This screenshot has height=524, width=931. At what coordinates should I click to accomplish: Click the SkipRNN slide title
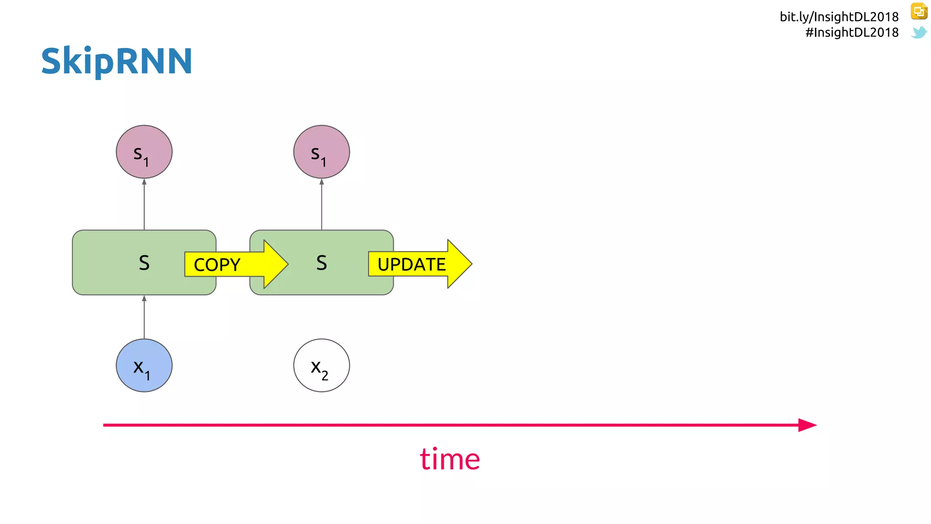pos(117,61)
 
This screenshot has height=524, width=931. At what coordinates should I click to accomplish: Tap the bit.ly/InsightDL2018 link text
pos(839,17)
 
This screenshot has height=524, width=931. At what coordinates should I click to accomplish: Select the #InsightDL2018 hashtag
pos(851,32)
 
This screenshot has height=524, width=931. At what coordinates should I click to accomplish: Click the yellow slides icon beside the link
pos(919,11)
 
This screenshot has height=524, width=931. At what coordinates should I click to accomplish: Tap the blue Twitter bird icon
pos(919,32)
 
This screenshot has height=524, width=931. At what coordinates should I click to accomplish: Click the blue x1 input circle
pos(144,365)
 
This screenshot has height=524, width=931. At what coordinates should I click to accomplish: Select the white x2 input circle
pos(321,365)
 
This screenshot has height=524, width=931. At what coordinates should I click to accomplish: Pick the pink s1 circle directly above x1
pos(144,152)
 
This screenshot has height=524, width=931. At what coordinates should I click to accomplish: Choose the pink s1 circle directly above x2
pos(321,152)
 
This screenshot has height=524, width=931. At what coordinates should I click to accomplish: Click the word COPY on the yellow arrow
pos(217,265)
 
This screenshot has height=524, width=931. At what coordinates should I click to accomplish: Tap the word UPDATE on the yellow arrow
pos(411,264)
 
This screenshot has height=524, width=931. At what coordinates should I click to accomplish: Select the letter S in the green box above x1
pos(144,263)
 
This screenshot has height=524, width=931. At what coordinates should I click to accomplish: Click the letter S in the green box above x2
pos(321,263)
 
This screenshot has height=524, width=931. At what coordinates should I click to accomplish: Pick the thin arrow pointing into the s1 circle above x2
pos(321,204)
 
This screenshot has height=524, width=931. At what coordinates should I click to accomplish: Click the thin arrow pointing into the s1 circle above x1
pos(144,204)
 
